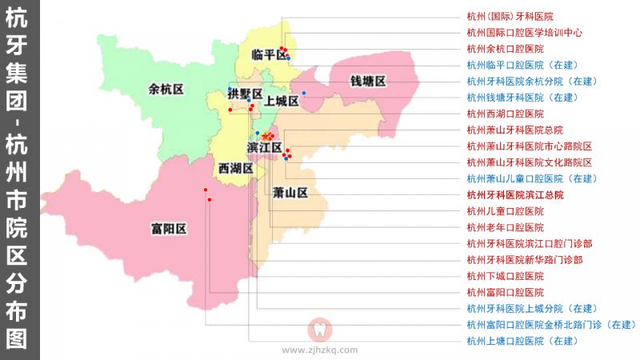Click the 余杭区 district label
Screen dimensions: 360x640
point(166,90)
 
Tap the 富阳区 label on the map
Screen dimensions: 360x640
point(168,229)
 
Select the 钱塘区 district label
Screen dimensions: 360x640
point(368,82)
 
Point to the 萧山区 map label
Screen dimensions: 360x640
point(290,193)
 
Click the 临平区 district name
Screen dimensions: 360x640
point(262,54)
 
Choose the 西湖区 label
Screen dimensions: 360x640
point(235,169)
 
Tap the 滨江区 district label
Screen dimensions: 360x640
point(264,148)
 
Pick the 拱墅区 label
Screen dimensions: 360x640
point(245,94)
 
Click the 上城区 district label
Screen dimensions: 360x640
point(282,101)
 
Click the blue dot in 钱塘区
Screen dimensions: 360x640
point(304,94)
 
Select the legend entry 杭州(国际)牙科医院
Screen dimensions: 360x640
point(510,16)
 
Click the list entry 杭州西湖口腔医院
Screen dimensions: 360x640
point(505,114)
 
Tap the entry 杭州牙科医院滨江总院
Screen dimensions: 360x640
point(515,194)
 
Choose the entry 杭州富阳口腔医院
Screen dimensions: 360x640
point(505,292)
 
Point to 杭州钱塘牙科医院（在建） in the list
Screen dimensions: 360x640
point(522,98)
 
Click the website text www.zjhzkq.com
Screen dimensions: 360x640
point(320,350)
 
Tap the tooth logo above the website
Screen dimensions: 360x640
point(319,330)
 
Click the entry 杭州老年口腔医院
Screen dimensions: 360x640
point(505,227)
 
